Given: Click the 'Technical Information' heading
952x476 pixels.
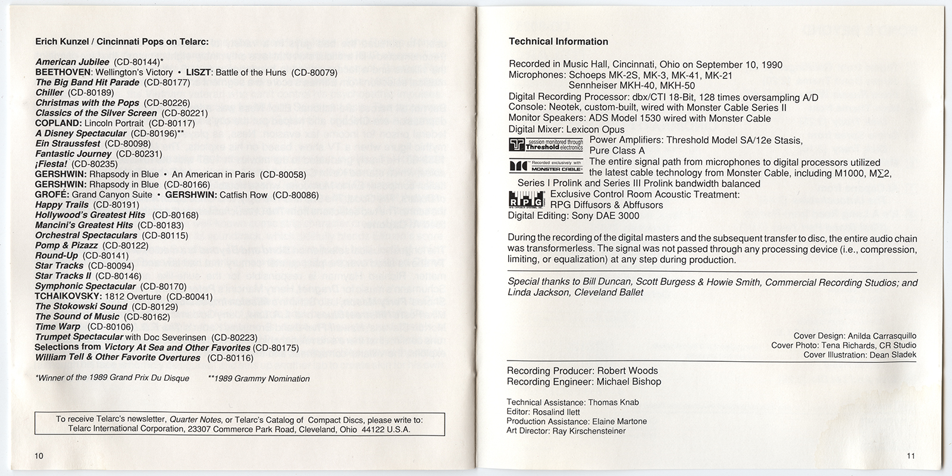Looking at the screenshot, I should pyautogui.click(x=558, y=42).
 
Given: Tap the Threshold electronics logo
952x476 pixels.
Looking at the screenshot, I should pyautogui.click(x=546, y=144).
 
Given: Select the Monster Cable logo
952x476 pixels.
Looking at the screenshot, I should pyautogui.click(x=546, y=167).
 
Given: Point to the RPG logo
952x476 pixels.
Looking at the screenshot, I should pyautogui.click(x=527, y=199).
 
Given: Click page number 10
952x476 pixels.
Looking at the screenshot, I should pyautogui.click(x=39, y=456).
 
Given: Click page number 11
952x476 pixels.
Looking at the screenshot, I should pyautogui.click(x=912, y=456).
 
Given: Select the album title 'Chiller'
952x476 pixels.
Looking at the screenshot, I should pyautogui.click(x=49, y=93).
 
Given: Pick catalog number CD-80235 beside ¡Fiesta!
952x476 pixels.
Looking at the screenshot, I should pyautogui.click(x=95, y=164).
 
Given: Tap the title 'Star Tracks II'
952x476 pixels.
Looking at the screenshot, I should pyautogui.click(x=63, y=276).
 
